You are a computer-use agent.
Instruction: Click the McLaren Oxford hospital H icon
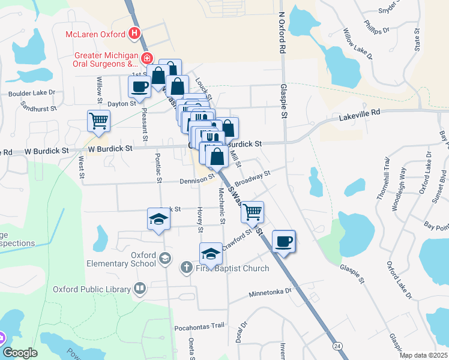135,34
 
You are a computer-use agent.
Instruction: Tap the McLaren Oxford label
95,34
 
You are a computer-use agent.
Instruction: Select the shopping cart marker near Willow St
98,121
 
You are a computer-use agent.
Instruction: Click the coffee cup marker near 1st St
139,86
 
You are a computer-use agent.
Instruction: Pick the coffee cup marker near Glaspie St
283,241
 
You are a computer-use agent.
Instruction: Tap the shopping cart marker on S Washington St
252,212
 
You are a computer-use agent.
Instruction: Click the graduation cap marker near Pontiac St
158,218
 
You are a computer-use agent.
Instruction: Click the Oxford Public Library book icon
140,289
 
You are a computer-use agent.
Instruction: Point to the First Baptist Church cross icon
187,268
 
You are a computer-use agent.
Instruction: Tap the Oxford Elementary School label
113,259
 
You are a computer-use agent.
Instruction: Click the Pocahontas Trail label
199,327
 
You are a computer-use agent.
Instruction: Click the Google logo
20,353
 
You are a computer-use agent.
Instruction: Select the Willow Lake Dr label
357,43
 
